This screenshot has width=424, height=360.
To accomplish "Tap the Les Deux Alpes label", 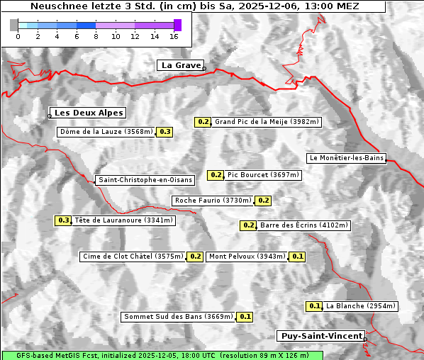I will pyautogui.click(x=89, y=113).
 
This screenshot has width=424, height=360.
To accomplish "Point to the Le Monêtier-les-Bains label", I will pyautogui.click(x=346, y=157).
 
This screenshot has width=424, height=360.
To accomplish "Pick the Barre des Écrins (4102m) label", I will pyautogui.click(x=304, y=225).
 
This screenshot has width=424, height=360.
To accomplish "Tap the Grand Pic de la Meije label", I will pyautogui.click(x=267, y=122).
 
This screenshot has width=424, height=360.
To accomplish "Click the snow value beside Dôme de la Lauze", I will pyautogui.click(x=165, y=132).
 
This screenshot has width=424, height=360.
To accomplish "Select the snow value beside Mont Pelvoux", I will pyautogui.click(x=297, y=257).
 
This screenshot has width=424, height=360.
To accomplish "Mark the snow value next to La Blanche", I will pyautogui.click(x=315, y=306).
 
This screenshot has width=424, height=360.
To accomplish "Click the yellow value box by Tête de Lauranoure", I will pyautogui.click(x=64, y=220).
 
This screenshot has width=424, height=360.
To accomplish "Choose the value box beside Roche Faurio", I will pyautogui.click(x=264, y=201).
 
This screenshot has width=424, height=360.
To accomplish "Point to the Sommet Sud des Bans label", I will pyautogui.click(x=178, y=317).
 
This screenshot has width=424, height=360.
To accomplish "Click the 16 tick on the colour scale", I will pyautogui.click(x=174, y=36).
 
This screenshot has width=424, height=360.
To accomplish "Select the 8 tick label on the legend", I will pyautogui.click(x=96, y=36).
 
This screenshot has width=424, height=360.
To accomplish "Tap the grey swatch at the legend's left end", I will pyautogui.click(x=14, y=25).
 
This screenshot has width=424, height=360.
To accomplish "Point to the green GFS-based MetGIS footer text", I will pyautogui.click(x=162, y=355).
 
